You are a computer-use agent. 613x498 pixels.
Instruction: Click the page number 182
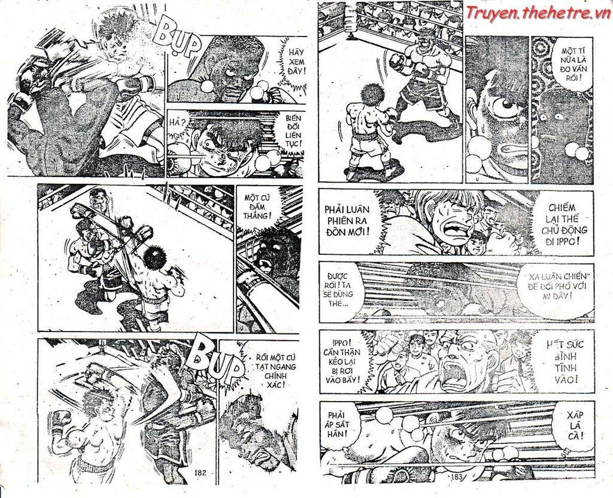pos(200,473)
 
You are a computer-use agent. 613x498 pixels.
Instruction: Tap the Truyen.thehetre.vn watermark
pos(538,12)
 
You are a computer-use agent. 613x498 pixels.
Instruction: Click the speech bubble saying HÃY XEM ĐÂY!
pos(293,59)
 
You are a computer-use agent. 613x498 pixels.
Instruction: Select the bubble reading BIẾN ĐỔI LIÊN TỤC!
pos(291,134)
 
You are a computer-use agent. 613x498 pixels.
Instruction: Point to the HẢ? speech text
pos(174,123)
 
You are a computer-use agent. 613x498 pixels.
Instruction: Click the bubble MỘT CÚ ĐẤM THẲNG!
pos(259,206)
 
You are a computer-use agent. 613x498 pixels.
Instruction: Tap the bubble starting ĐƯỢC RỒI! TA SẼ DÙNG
pos(340,290)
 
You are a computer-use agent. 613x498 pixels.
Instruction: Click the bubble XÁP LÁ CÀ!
pos(574,426)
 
